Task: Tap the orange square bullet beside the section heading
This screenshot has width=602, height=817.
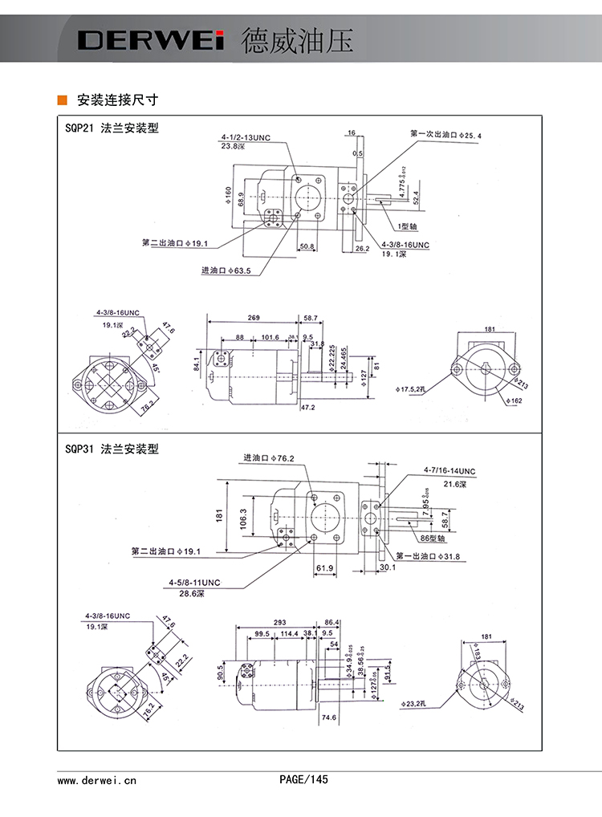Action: [62, 100]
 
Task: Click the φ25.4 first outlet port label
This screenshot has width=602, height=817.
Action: [445, 136]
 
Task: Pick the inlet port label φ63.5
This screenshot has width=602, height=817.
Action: [226, 271]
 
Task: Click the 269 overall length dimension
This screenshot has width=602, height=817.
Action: [254, 319]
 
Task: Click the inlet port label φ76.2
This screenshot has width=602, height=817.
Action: [269, 458]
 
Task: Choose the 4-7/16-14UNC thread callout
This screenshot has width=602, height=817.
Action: [449, 471]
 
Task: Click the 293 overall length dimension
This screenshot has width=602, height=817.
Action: [279, 622]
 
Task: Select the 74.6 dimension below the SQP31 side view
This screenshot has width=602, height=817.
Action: [328, 718]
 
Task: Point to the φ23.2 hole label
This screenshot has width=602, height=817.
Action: [415, 703]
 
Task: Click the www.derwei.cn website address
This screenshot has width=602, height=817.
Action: [97, 779]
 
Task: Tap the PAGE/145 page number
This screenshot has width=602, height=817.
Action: [303, 779]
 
